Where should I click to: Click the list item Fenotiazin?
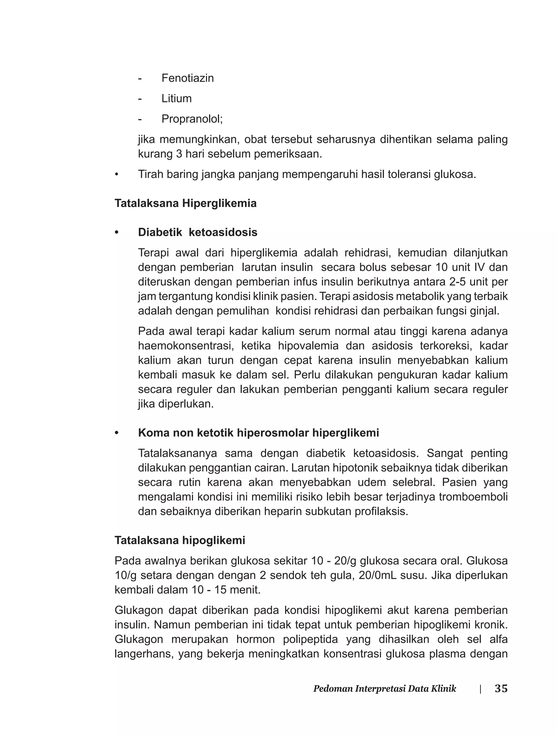tap(187, 78)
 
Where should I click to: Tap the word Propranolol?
tap(192, 119)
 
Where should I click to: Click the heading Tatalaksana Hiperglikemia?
tap(185, 203)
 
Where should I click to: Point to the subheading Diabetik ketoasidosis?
tap(198, 232)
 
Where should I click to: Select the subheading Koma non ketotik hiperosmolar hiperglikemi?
tap(258, 433)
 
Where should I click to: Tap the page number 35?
tap(501, 688)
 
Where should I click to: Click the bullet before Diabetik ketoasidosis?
tap(117, 232)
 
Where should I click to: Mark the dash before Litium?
tap(140, 98)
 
